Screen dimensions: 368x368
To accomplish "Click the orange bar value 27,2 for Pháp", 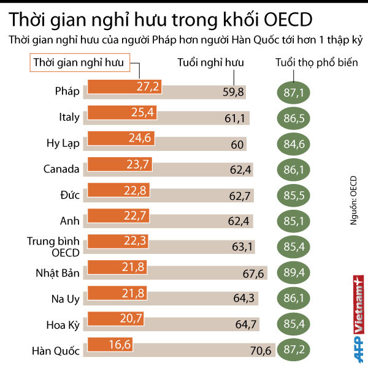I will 148,86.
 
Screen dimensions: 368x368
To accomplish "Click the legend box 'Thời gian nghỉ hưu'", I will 78,62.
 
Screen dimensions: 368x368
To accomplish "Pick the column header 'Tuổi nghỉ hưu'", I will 210,63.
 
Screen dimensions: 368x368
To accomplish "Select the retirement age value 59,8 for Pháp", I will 234,92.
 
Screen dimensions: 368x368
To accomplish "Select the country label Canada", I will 61,169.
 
